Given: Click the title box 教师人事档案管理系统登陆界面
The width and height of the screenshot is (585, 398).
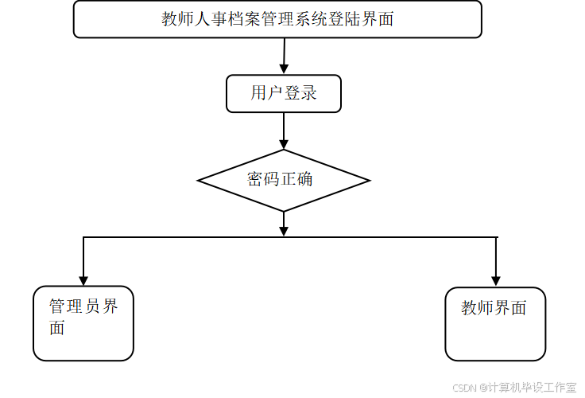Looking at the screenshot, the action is [277, 19].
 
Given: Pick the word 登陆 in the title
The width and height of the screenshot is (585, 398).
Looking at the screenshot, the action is [354, 19].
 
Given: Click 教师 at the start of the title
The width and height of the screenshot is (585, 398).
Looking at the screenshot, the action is [181, 19].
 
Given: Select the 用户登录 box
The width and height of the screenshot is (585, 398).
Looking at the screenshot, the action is [284, 93].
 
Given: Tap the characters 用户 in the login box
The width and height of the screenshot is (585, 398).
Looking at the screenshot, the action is [267, 93].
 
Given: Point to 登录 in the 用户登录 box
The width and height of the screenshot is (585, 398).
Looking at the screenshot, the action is [300, 93].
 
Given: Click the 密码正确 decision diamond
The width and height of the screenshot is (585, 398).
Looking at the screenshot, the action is [284, 180].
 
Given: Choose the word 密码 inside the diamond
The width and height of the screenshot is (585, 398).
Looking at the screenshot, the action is [263, 179].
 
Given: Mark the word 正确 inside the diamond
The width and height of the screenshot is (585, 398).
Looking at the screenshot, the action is [296, 179].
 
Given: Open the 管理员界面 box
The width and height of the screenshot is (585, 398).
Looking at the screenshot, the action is [83, 324].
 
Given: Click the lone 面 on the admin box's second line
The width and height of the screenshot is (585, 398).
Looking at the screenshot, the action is [56, 327].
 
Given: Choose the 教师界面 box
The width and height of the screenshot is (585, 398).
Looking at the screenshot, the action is [495, 324].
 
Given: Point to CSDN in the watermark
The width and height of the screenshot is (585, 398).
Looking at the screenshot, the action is [463, 387].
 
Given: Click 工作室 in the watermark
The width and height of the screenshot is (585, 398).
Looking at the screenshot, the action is [559, 387].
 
